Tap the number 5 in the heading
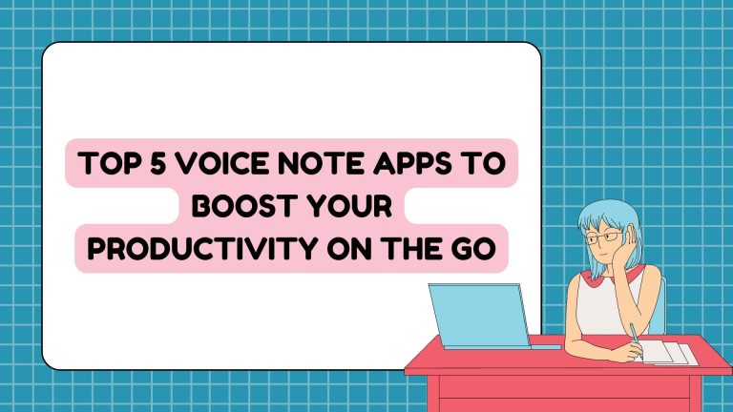158,163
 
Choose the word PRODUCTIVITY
203,249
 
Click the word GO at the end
473,249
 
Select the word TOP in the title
111,163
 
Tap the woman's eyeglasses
604,237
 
